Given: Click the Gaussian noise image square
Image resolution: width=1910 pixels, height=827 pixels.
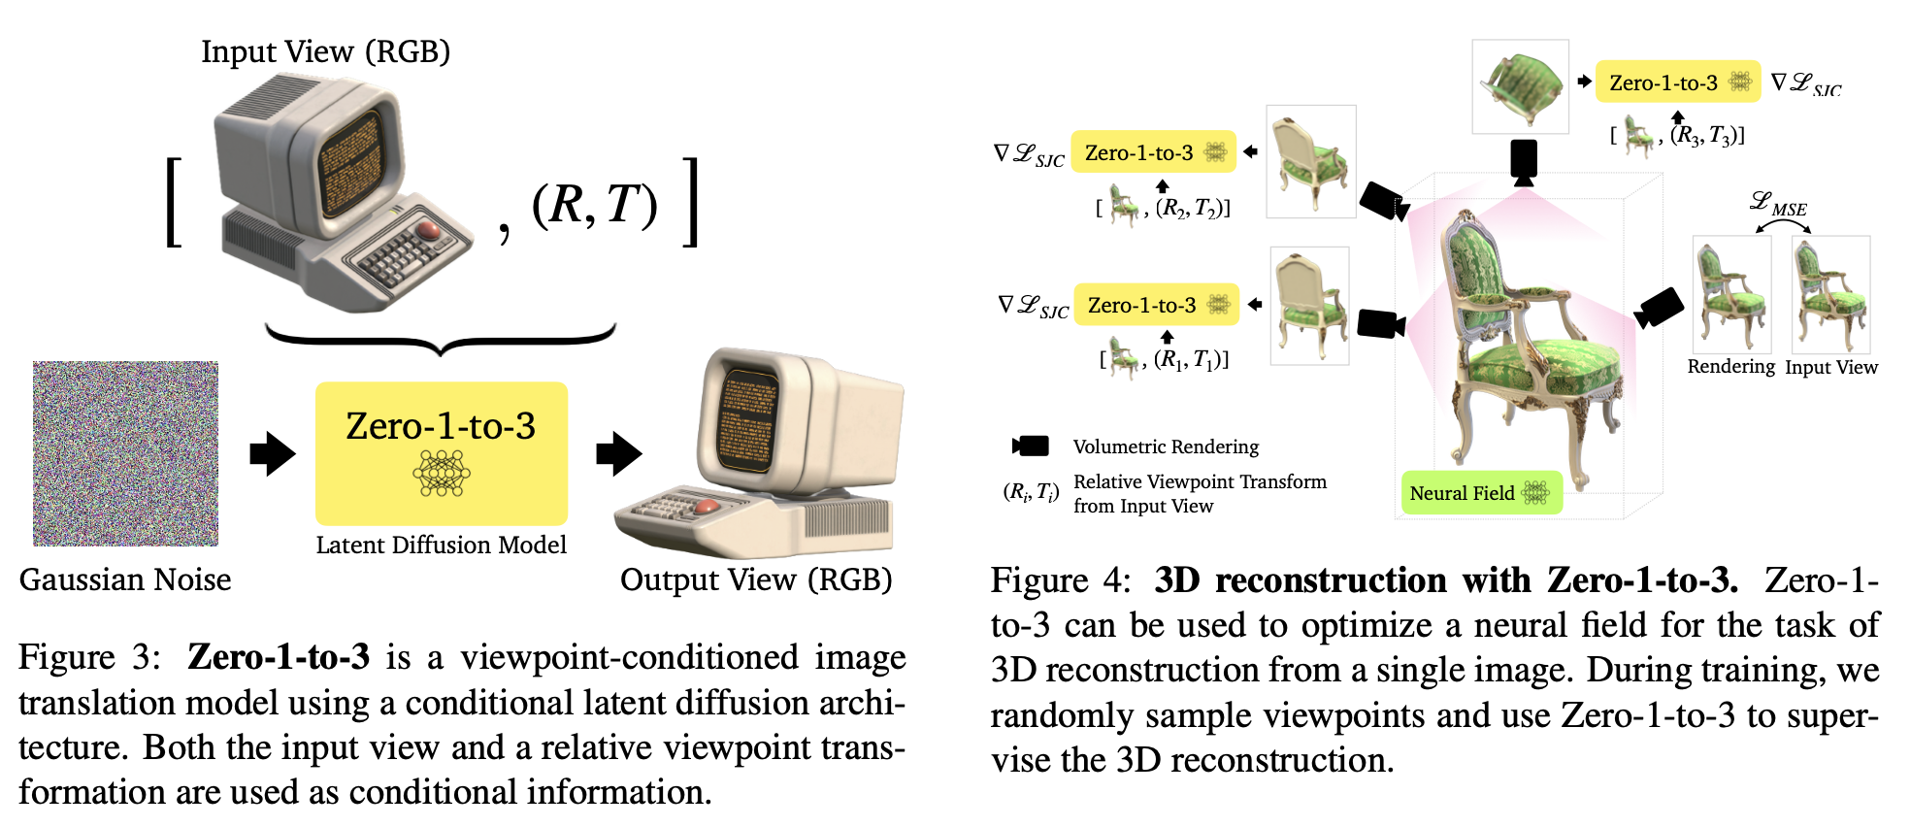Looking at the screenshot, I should tap(125, 453).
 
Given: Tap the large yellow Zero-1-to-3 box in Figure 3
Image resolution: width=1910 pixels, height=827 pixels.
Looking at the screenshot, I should tap(441, 452).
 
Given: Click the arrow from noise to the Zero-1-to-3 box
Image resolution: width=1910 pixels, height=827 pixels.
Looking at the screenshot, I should tap(272, 453).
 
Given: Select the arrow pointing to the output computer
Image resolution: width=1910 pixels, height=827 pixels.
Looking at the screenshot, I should tap(618, 453).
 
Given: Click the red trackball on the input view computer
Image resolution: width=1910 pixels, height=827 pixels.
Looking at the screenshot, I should tap(428, 230).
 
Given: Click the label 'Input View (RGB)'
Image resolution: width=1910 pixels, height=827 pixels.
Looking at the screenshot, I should tap(325, 51).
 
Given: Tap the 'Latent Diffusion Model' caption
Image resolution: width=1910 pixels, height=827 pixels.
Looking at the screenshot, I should tap(441, 545).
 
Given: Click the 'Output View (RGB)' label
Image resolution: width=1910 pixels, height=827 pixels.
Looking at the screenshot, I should tap(756, 579).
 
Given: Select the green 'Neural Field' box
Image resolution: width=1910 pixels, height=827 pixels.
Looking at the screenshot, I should tap(1480, 493).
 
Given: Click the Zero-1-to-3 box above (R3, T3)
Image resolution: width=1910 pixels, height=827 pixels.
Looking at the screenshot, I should tap(1677, 83).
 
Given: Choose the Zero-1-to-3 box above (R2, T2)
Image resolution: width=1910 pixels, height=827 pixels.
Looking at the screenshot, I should tap(1153, 152).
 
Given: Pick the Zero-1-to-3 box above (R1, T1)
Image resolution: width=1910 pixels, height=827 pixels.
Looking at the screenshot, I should tap(1156, 305).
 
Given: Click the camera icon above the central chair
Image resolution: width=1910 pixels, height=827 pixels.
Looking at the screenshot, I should tap(1524, 161).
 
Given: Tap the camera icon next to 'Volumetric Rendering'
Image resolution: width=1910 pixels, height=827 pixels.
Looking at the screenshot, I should tap(1031, 446).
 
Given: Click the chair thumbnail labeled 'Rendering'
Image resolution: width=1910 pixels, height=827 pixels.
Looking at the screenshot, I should tap(1731, 294).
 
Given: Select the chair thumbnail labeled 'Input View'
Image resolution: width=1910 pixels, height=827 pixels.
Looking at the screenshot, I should tap(1830, 294).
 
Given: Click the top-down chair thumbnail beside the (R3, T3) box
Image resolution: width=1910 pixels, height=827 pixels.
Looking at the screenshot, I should tap(1520, 86).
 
